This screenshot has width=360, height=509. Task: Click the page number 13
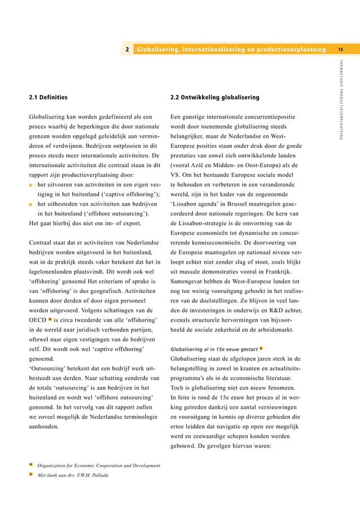(341, 50)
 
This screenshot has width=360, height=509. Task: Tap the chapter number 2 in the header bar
(128, 50)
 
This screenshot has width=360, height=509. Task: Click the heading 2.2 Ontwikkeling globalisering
(214, 97)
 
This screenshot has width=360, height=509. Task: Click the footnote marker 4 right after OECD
(50, 319)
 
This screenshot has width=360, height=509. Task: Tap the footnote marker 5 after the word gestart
(261, 348)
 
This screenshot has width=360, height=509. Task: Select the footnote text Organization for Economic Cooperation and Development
(98, 465)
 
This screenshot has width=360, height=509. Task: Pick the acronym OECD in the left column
(37, 319)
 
